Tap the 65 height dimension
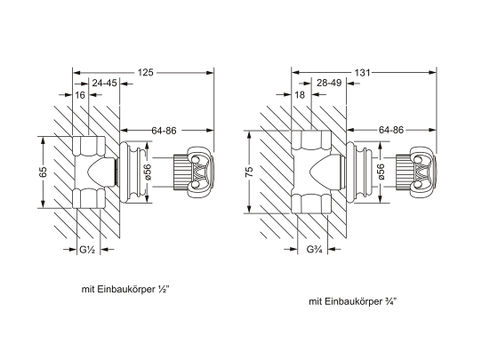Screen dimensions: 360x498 point(43,172)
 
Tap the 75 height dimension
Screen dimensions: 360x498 point(251,171)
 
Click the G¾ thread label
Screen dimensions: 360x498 point(313,249)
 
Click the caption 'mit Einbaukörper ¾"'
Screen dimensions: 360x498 point(352,301)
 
